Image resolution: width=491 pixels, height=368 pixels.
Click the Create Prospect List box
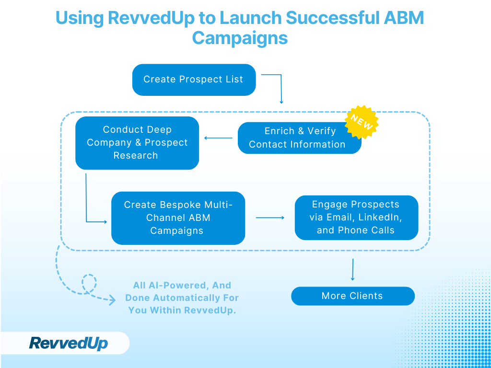click(194, 80)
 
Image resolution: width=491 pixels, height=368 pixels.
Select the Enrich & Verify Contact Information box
click(299, 138)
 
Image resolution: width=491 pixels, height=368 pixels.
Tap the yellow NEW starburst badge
click(362, 122)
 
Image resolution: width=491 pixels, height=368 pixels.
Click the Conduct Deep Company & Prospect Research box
click(137, 143)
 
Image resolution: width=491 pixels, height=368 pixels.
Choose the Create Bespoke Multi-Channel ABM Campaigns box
click(178, 218)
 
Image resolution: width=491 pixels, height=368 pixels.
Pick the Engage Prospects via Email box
click(356, 218)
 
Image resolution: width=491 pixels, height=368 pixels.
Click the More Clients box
click(352, 296)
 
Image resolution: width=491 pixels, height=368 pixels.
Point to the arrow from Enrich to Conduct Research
click(218, 138)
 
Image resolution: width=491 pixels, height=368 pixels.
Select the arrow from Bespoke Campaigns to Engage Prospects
click(270, 218)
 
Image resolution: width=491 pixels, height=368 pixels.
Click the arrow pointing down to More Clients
click(353, 270)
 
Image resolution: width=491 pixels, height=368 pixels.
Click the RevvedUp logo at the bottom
click(69, 343)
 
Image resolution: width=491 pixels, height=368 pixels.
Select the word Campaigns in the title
click(240, 38)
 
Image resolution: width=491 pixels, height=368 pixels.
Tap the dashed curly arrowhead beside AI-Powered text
click(112, 300)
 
